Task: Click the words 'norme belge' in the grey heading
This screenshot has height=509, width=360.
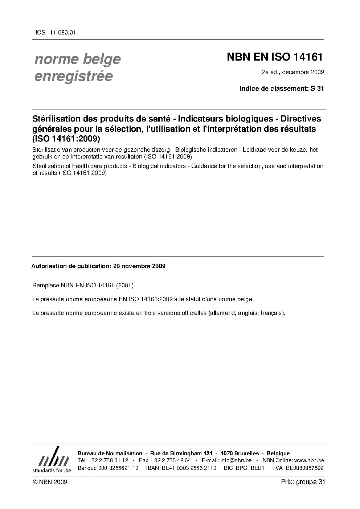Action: [x=77, y=59]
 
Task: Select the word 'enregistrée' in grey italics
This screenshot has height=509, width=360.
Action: [x=73, y=76]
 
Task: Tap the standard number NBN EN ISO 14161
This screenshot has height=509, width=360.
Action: [x=275, y=57]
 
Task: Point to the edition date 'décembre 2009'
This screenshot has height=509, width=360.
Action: [x=303, y=72]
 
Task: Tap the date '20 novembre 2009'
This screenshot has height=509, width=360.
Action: [x=139, y=266]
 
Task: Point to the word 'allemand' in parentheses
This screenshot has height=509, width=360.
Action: [x=221, y=313]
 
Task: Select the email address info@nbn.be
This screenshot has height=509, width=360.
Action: [x=236, y=460]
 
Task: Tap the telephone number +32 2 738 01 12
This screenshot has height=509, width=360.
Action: [x=108, y=460]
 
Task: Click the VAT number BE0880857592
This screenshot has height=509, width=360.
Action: [x=305, y=468]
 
